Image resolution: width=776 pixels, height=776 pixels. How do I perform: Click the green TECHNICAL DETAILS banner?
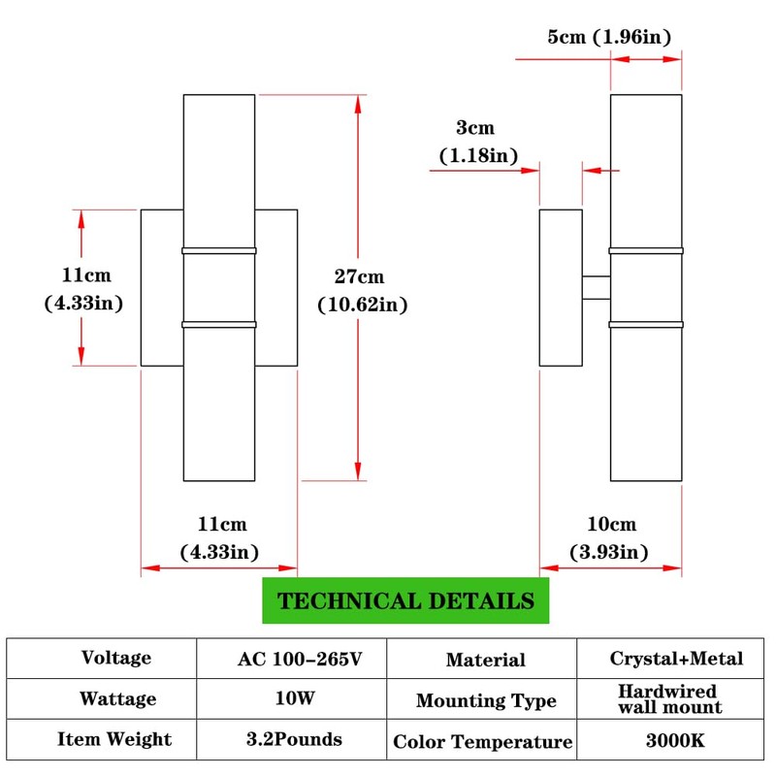coord(405,600)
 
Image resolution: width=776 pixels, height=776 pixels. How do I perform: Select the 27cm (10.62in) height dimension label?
coord(362,290)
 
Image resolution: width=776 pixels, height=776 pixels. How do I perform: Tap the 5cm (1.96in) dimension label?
coord(609,37)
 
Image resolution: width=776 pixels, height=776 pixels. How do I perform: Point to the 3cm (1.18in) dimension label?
coord(478,142)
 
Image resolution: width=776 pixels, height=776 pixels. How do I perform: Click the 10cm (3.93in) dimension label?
coord(609,538)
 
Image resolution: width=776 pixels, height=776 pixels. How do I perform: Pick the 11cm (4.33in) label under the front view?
coord(220,538)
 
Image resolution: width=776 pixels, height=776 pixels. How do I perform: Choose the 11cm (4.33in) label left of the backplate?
coord(84,289)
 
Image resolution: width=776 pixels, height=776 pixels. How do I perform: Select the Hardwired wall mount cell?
coord(670,698)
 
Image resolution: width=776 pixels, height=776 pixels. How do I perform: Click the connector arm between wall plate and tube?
coord(597,287)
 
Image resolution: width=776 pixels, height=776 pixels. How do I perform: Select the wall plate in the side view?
coord(561,287)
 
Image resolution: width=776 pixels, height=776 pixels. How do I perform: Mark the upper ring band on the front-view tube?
coord(219,251)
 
